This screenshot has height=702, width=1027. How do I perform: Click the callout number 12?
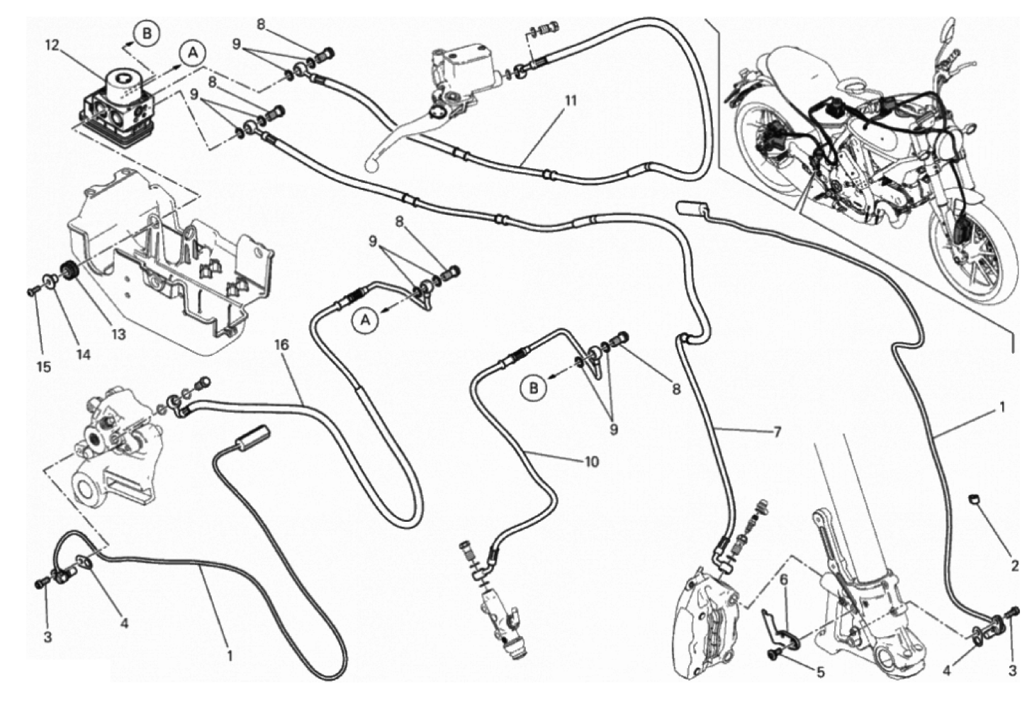point(51,46)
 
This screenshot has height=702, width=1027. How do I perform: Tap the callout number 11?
point(571,101)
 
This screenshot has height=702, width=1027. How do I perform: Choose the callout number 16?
point(281,345)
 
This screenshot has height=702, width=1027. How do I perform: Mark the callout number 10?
point(592,462)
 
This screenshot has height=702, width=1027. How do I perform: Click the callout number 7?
point(777,431)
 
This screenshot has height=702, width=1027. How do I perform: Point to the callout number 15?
point(44,367)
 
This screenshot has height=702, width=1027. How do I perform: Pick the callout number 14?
point(84,355)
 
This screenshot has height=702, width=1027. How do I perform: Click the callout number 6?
point(784,579)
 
